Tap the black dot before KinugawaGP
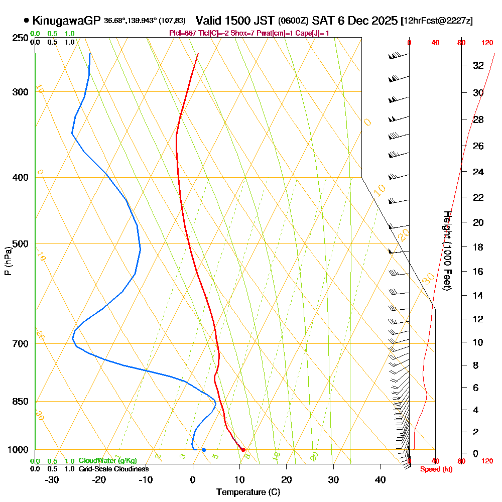tap(26, 21)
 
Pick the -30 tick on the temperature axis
tap(52, 480)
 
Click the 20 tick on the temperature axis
tap(287, 480)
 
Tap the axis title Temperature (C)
tap(248, 492)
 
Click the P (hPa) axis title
tap(8, 261)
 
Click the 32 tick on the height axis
tap(478, 65)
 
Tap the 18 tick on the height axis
tap(478, 247)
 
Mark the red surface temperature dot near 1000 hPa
tap(243, 450)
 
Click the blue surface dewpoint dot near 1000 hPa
tap(204, 450)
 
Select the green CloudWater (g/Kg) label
tap(107, 461)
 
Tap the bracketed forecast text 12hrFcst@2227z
tap(436, 21)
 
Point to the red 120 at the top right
tap(487, 43)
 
